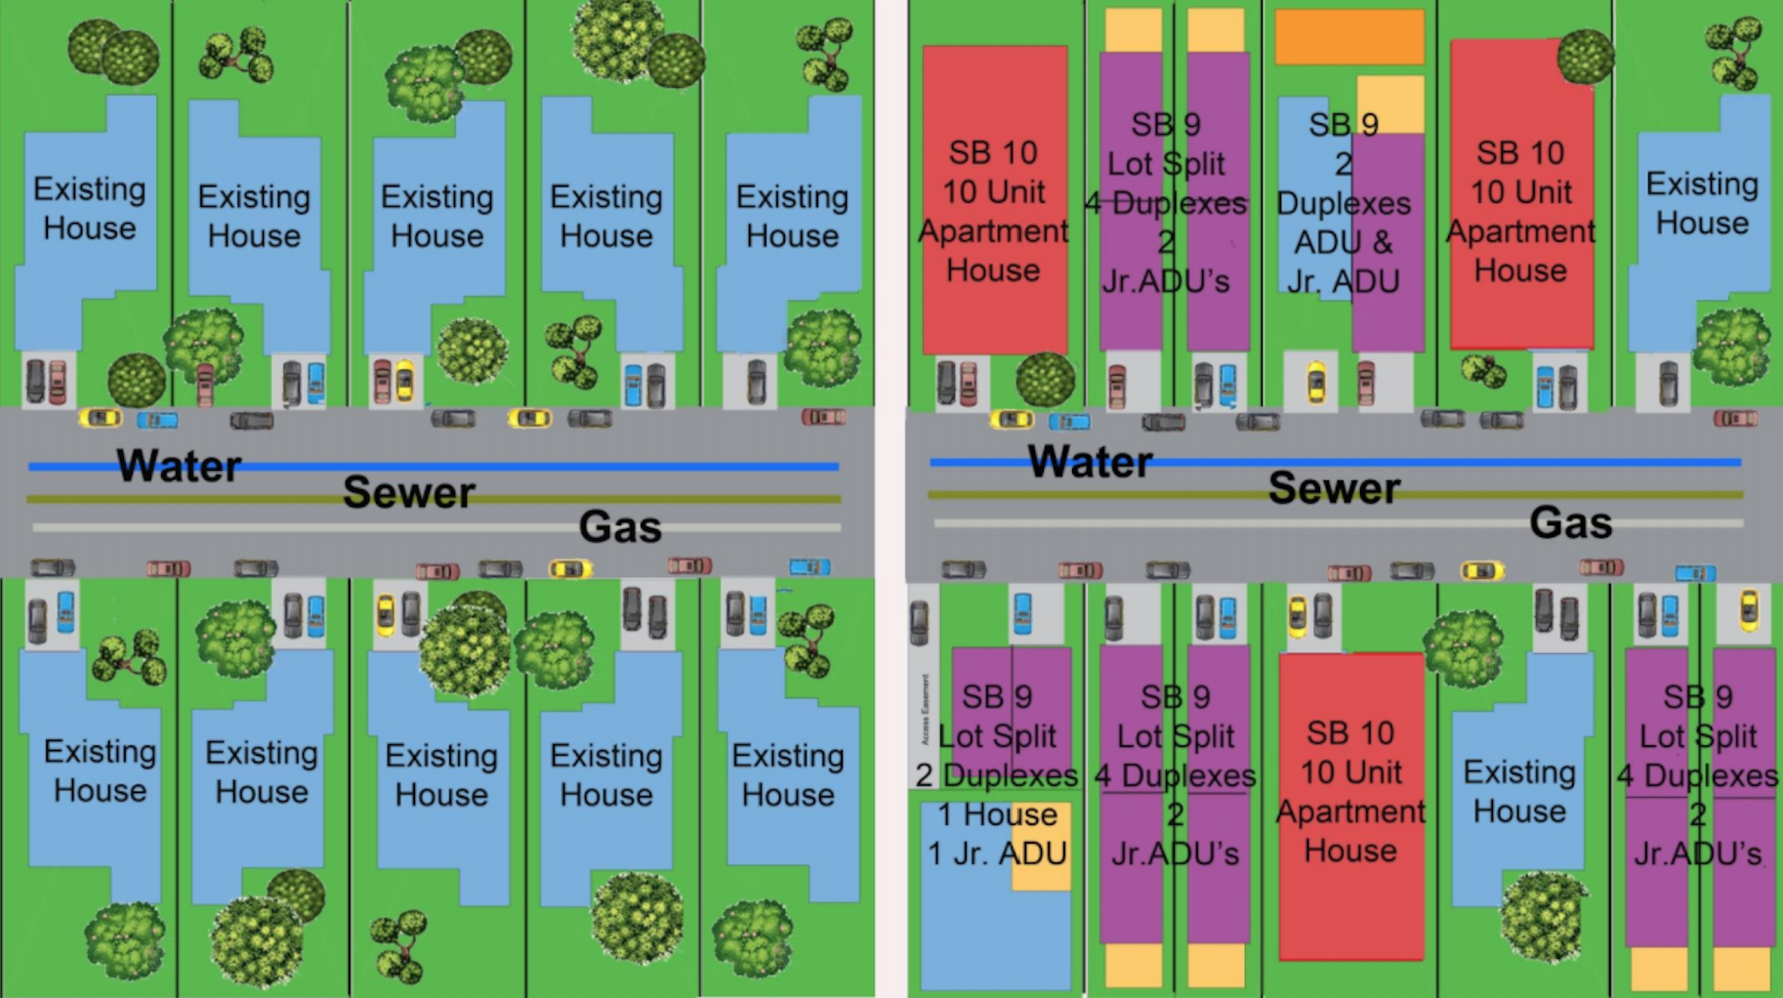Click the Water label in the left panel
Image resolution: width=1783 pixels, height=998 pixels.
(x=179, y=466)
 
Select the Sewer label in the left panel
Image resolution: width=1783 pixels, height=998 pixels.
(x=408, y=492)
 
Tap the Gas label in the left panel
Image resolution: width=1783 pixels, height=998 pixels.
(x=620, y=527)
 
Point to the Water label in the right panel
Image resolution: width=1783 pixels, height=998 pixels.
(x=1090, y=462)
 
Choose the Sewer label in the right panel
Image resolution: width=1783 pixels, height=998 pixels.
(x=1334, y=488)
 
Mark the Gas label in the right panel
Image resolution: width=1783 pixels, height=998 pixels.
(x=1570, y=523)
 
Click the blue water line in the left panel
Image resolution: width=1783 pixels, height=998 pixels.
(x=586, y=467)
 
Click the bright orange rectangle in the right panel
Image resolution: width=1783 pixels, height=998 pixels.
(x=1349, y=37)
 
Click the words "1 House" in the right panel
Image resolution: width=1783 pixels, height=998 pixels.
(x=997, y=814)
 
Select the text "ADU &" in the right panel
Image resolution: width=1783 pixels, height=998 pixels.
(x=1343, y=242)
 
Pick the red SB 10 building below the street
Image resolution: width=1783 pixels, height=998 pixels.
(x=1351, y=879)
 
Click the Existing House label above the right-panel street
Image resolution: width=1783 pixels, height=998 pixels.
(x=1702, y=203)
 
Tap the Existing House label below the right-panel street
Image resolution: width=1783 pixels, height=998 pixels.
(x=1519, y=791)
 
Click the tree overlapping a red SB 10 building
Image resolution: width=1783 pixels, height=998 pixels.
(x=1585, y=57)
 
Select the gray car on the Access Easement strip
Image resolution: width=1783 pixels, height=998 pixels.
(x=920, y=622)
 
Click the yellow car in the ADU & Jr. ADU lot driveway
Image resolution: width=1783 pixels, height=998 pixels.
(x=1316, y=382)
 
